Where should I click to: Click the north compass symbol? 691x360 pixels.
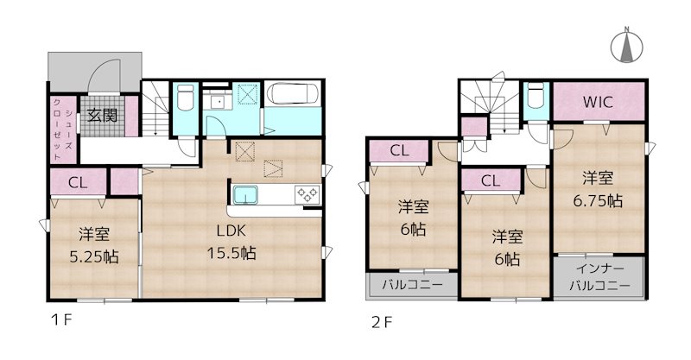coord(624,45)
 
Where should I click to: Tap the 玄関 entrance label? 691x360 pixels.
coord(100,116)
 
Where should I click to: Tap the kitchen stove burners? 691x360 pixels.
coord(306,194)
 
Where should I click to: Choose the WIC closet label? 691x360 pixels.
coord(597,101)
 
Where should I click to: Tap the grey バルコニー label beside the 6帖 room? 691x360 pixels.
coord(407,284)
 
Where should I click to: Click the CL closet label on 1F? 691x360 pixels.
coord(76,182)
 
